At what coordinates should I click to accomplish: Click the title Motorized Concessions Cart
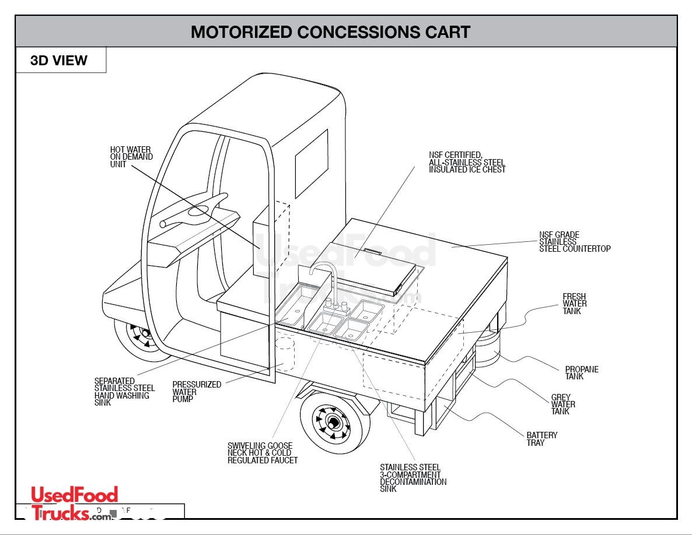[x=330, y=31]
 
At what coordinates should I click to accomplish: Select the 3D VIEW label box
[x=59, y=61]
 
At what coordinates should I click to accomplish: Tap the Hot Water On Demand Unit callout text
[x=131, y=157]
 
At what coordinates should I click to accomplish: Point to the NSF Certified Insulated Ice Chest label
[x=467, y=163]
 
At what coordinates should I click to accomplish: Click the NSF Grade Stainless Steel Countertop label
[x=574, y=242]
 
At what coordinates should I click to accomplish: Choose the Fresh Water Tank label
[x=574, y=304]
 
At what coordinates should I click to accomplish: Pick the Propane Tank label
[x=581, y=373]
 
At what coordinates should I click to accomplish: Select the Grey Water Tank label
[x=563, y=404]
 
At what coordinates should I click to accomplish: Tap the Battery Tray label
[x=541, y=439]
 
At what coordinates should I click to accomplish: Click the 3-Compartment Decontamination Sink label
[x=413, y=478]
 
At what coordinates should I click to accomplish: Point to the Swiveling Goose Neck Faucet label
[x=262, y=453]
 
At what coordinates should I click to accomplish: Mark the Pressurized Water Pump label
[x=196, y=392]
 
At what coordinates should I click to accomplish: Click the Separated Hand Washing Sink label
[x=124, y=392]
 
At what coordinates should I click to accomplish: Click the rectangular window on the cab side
[x=311, y=155]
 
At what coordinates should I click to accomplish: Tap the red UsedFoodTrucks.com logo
[x=74, y=503]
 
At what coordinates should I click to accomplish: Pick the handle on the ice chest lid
[x=371, y=251]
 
